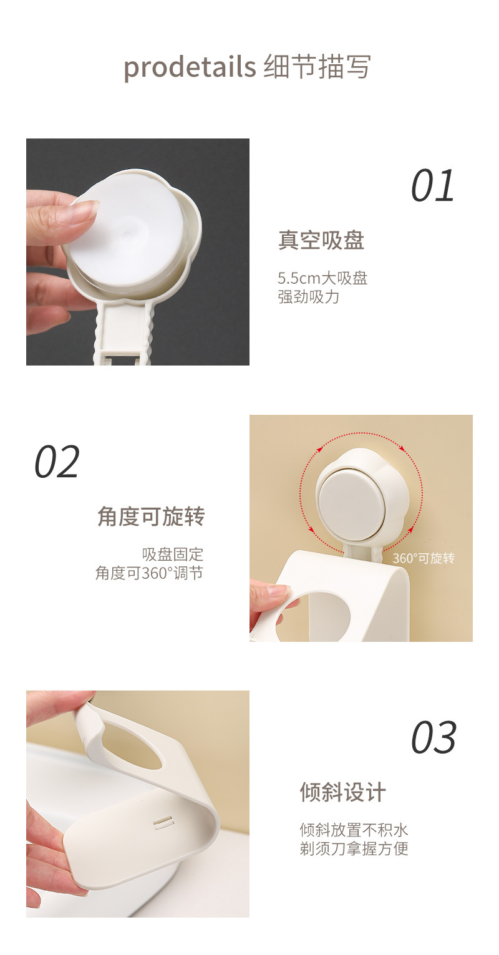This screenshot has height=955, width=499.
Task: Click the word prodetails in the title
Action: point(190,66)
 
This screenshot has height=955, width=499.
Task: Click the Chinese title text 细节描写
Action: point(317,66)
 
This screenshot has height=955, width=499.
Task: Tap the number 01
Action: point(433,186)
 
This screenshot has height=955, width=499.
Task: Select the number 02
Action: point(57,462)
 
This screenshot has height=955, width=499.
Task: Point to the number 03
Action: point(434,738)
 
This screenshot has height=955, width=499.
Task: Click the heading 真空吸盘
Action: point(321,240)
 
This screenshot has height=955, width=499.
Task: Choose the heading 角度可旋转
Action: point(151,516)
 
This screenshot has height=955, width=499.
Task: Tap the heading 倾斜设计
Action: point(343,792)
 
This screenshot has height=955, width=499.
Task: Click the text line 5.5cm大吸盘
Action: point(322,278)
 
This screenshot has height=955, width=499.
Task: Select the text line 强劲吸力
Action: point(308,297)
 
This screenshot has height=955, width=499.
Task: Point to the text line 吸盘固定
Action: point(173,554)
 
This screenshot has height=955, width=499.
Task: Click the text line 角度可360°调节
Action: point(150,573)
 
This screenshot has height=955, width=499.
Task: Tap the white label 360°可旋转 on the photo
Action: point(424,558)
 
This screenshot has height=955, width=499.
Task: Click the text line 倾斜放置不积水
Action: point(354,830)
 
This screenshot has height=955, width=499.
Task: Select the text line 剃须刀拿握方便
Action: point(354,849)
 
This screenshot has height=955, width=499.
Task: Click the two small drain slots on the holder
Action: point(162,823)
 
